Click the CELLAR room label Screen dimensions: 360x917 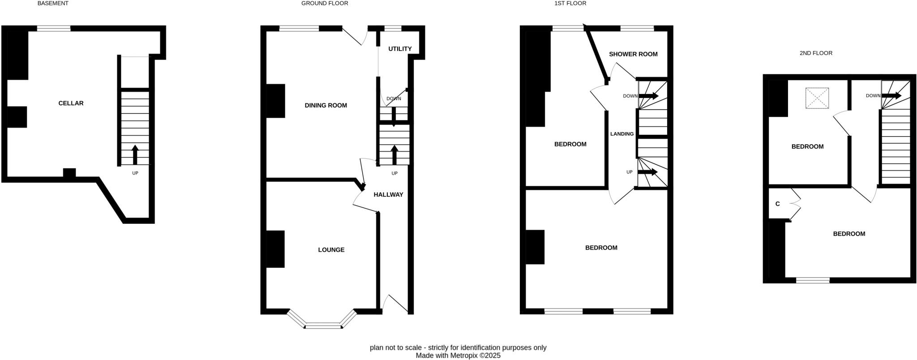(71, 103)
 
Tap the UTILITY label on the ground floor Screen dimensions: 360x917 (399, 49)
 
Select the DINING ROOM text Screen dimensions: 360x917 (326, 106)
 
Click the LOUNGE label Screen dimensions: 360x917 (331, 250)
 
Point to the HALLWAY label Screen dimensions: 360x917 (388, 195)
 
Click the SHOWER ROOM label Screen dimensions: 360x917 (633, 54)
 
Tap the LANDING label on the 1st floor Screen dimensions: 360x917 (621, 134)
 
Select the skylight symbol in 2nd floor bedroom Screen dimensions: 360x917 (817, 98)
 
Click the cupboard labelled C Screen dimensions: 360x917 (778, 204)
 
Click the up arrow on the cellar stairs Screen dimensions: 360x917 (135, 155)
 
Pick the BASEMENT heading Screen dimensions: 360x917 (53, 4)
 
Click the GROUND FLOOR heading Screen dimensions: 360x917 (324, 4)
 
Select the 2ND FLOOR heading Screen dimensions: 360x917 (815, 53)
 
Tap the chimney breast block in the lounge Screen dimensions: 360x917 (275, 249)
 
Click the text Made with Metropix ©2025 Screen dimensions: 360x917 (458, 356)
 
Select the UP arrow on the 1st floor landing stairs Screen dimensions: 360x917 (647, 172)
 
